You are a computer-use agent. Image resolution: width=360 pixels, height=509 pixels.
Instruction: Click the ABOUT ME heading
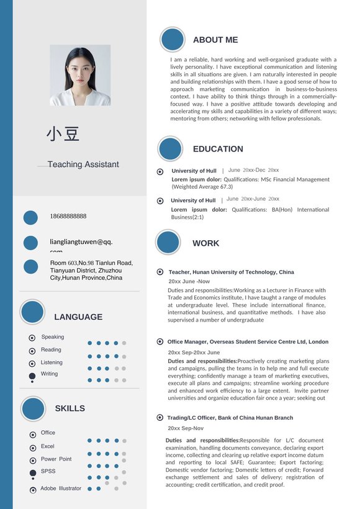[x=215, y=40]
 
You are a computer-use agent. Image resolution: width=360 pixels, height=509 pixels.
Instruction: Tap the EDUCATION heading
[x=218, y=149]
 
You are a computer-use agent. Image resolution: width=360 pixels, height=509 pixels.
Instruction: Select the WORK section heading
[x=205, y=243]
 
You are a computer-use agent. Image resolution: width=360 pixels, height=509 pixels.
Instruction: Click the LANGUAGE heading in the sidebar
[x=78, y=317]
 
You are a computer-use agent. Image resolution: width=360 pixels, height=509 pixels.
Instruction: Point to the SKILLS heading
[x=70, y=408]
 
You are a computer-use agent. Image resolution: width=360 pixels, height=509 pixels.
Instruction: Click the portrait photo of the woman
[x=80, y=75]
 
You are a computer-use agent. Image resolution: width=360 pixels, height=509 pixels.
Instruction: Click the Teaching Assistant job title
[x=83, y=164]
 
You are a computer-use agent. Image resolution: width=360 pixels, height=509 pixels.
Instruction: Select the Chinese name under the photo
[x=63, y=133]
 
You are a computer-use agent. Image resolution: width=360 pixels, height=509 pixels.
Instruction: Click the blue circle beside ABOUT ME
[x=173, y=40]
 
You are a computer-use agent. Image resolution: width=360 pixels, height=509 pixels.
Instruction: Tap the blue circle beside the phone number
[x=31, y=218]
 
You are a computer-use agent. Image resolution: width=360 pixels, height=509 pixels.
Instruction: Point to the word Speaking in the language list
[x=53, y=337]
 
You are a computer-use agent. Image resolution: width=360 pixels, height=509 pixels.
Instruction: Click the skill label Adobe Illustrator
[x=61, y=489]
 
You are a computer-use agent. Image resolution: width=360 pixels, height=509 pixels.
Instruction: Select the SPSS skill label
[x=48, y=472]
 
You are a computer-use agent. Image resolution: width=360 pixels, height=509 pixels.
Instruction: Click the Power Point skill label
[x=56, y=459]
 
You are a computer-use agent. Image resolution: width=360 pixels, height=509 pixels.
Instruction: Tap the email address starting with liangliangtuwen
[x=81, y=242]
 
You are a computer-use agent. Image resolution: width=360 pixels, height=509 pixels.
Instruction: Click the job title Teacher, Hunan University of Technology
[x=232, y=273]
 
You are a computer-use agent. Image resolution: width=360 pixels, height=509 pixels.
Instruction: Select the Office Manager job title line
[x=248, y=342]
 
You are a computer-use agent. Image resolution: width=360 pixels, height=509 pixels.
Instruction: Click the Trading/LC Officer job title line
[x=230, y=418]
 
